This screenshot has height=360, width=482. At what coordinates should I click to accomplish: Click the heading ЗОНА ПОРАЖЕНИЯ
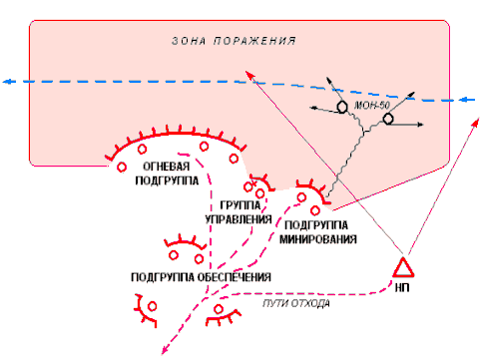click(x=234, y=41)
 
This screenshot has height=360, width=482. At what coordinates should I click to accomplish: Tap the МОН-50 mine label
click(x=372, y=106)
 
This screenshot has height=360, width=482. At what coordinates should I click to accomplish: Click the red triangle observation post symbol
click(x=403, y=267)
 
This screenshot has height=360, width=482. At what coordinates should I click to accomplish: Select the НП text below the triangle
click(x=402, y=287)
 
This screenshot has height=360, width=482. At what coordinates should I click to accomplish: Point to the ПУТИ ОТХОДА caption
click(x=296, y=303)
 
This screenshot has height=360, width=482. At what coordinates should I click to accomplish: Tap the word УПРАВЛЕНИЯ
click(x=239, y=219)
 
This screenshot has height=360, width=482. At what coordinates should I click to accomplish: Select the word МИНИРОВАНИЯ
click(x=318, y=239)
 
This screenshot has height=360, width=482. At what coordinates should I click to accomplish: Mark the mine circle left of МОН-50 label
click(x=342, y=107)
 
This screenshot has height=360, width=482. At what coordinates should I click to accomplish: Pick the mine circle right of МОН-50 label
click(x=388, y=119)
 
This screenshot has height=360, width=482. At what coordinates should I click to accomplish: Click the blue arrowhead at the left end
click(x=8, y=82)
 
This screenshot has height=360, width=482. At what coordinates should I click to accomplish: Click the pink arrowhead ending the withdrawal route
click(x=165, y=350)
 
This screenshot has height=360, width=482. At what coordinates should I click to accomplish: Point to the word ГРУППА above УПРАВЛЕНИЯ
click(x=241, y=205)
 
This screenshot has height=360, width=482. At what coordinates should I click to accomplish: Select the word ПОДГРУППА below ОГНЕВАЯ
click(x=167, y=180)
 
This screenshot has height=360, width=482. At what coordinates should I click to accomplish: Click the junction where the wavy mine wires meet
click(x=364, y=132)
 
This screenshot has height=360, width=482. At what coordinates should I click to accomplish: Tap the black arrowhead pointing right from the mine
click(x=420, y=125)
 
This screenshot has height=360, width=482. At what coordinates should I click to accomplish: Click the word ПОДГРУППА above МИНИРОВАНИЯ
click(x=316, y=225)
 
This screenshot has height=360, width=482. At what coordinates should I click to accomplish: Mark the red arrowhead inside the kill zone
click(x=249, y=75)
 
